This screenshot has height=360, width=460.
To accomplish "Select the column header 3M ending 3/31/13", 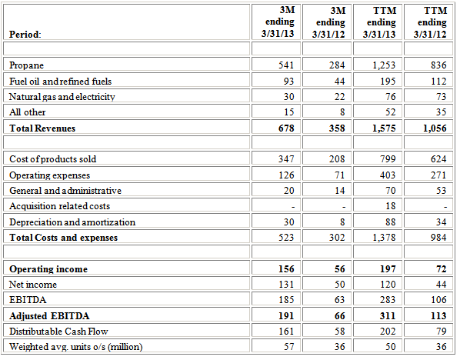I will tap(273, 22).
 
